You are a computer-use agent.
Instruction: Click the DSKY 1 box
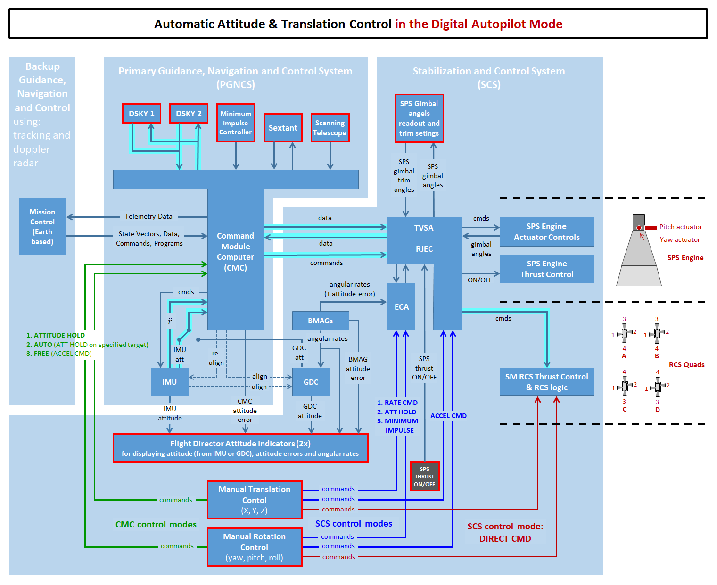pos(141,114)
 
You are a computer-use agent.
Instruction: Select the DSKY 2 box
pos(189,114)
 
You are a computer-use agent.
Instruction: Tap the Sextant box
pos(283,128)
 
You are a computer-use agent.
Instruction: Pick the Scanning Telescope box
pos(330,128)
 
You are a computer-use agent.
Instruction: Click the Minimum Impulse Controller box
pos(236,123)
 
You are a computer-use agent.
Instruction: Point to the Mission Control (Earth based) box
pos(42,227)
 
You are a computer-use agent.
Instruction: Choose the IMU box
pos(170,382)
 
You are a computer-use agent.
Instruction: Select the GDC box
pos(311,382)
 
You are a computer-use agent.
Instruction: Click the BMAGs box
pos(321,321)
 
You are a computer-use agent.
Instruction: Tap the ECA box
pos(401,307)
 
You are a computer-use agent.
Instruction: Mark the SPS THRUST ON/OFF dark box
pos(425,476)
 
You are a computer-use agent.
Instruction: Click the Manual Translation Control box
pos(255,500)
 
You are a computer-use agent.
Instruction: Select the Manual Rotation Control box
pos(255,547)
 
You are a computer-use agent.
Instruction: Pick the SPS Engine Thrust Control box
pos(547,269)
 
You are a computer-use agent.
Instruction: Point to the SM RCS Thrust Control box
pos(547,382)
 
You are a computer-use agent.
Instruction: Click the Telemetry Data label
pos(148,216)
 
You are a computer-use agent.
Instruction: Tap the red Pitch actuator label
pos(680,227)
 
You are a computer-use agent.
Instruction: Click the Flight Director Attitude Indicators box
pos(240,448)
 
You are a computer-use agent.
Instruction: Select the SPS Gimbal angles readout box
pos(419,118)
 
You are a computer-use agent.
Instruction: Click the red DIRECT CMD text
pos(505,538)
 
